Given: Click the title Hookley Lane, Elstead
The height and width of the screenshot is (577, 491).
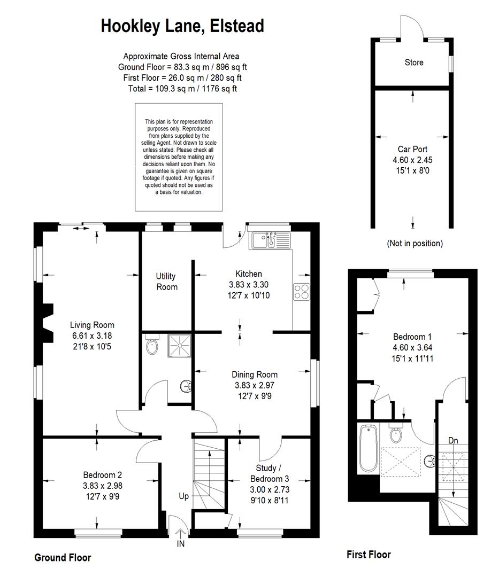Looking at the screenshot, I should click(182, 26).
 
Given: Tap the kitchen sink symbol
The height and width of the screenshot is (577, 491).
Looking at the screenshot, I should click(270, 240).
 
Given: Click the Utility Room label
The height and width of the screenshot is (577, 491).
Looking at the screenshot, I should click(166, 282).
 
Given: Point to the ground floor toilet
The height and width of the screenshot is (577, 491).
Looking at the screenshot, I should click(152, 347).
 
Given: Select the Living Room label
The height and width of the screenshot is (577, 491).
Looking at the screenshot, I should click(92, 325).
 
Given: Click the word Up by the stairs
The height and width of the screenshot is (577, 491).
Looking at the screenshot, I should click(184, 496).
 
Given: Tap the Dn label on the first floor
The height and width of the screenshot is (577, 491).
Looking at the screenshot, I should click(453, 441).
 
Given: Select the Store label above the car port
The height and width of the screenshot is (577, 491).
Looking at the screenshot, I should click(413, 63).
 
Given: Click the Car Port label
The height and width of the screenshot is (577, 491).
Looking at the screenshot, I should click(412, 149).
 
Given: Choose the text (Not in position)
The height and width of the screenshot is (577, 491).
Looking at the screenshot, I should click(415, 243).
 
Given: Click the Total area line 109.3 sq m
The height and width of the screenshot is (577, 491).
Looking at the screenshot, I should click(182, 89).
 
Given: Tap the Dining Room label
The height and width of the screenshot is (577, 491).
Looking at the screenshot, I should click(254, 374).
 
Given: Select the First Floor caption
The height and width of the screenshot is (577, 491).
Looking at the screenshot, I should click(369, 555).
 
